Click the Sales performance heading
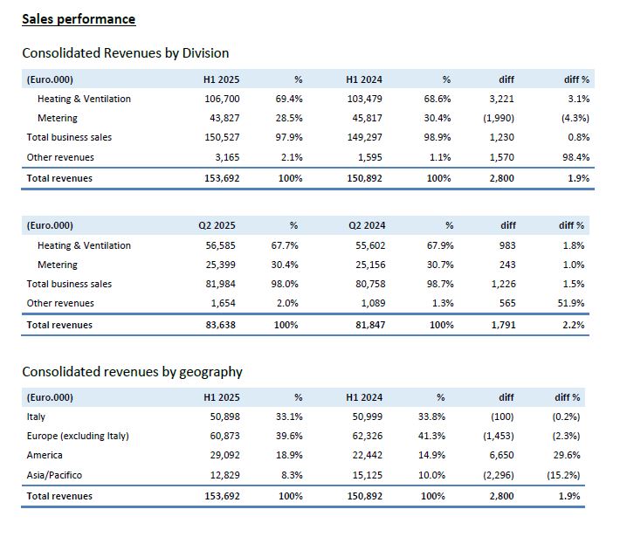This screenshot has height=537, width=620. (x=79, y=19)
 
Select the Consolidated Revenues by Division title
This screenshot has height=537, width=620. (x=126, y=53)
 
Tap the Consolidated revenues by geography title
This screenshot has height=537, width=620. (x=132, y=372)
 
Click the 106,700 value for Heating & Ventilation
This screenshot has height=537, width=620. (x=222, y=99)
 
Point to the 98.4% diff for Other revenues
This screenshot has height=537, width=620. (x=575, y=157)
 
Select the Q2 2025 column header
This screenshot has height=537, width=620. (x=217, y=225)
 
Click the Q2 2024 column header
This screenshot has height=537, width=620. (x=367, y=225)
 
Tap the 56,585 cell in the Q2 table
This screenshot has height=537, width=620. (x=220, y=245)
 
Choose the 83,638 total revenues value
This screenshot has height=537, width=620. (x=220, y=325)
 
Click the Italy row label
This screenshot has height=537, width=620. (x=36, y=417)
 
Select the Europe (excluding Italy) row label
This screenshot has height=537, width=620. (x=78, y=436)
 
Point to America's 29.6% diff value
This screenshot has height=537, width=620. (x=567, y=455)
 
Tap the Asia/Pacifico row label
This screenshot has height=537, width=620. (x=54, y=475)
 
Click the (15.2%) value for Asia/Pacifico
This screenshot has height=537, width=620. (x=563, y=475)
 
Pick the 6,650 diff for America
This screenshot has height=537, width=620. (x=501, y=455)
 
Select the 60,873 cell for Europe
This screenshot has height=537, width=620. (x=224, y=436)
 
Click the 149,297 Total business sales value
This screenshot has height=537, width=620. (x=364, y=137)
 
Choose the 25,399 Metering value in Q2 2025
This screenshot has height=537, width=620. (x=220, y=265)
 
